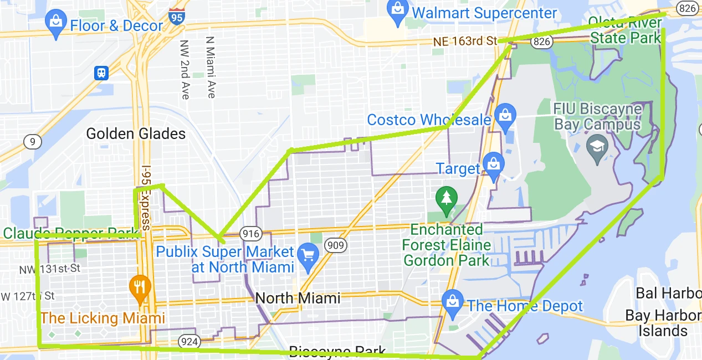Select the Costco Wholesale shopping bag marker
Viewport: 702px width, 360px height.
point(504,116)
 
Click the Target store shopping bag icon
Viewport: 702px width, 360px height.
point(492,165)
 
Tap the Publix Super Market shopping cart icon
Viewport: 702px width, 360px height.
point(308,256)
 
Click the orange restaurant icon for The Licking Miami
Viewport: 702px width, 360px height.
point(139,287)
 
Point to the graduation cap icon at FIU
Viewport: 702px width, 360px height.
point(597,148)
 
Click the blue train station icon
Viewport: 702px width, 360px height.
point(101,72)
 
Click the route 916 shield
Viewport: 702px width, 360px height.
point(248,233)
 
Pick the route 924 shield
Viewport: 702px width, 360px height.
point(189,341)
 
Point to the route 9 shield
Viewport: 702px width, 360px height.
point(32,142)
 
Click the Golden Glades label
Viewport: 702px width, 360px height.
point(136,133)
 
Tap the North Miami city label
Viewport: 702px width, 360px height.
point(298,299)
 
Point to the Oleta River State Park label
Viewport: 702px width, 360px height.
point(626,30)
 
